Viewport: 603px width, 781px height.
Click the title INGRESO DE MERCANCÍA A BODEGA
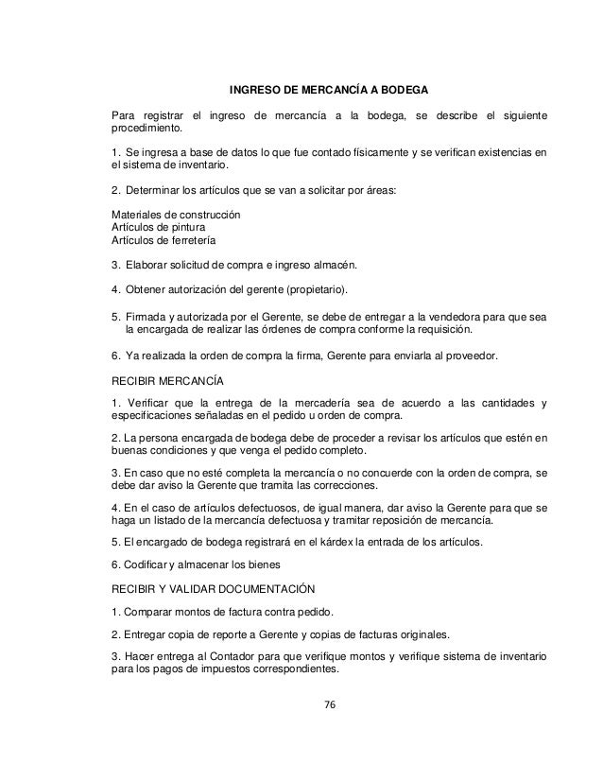329,92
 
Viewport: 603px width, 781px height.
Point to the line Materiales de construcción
176,214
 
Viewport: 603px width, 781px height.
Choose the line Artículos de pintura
159,228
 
